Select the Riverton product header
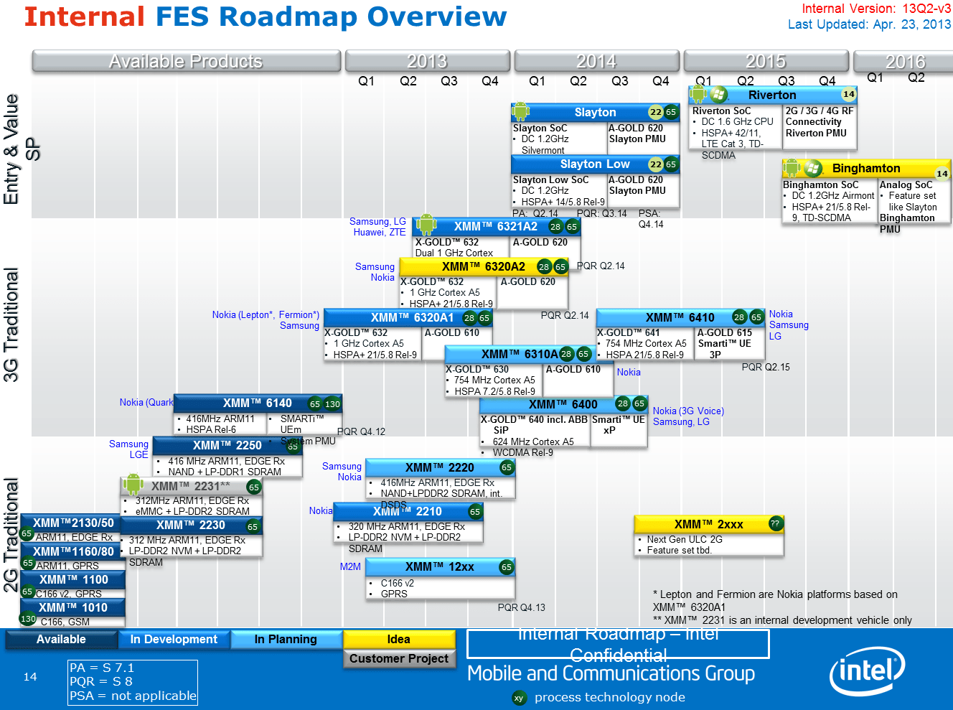(x=772, y=95)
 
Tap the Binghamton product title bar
(x=865, y=169)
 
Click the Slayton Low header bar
(x=594, y=164)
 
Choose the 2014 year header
(x=596, y=61)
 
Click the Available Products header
(x=185, y=61)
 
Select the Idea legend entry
(x=398, y=639)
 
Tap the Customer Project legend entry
(x=398, y=658)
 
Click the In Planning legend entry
(x=285, y=639)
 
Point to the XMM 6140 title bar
(x=257, y=403)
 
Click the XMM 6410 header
(x=680, y=317)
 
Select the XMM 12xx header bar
(x=439, y=567)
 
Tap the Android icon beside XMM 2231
(x=133, y=485)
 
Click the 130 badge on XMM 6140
(x=332, y=404)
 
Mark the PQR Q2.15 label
(x=766, y=367)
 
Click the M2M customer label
(x=350, y=566)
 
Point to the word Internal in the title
(x=85, y=17)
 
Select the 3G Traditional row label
(x=11, y=324)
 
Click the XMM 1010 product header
(x=72, y=608)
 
